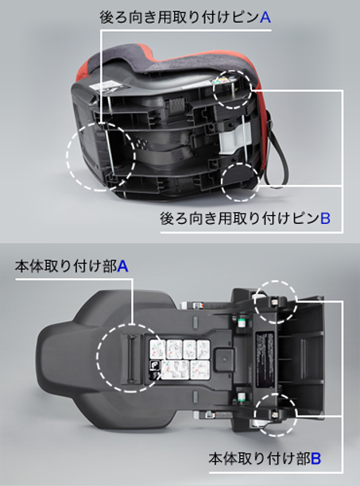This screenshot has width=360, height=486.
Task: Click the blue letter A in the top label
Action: [x=265, y=17]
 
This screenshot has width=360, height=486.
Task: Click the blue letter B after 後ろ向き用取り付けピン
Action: [x=325, y=218]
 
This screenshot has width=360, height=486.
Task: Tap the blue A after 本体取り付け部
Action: [x=123, y=266]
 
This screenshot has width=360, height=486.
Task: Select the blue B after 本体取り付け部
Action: [x=315, y=458]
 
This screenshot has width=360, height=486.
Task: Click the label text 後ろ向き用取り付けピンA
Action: [x=185, y=17]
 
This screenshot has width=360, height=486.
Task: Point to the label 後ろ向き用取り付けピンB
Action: [x=246, y=218]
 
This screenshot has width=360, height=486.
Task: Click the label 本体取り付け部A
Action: [x=72, y=266]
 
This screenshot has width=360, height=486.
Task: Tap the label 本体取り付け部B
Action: [x=265, y=458]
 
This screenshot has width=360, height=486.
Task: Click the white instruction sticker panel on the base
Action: [x=180, y=360]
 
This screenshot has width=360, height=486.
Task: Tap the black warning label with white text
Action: [x=265, y=360]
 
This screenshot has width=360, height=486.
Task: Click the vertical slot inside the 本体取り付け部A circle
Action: [x=130, y=358]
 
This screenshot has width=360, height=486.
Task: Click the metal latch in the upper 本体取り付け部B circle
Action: [x=274, y=301]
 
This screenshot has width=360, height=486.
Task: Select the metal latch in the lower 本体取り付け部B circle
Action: [x=274, y=415]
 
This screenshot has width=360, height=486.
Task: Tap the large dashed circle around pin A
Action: [x=67, y=156]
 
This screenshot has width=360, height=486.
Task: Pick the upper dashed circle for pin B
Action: [x=214, y=88]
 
